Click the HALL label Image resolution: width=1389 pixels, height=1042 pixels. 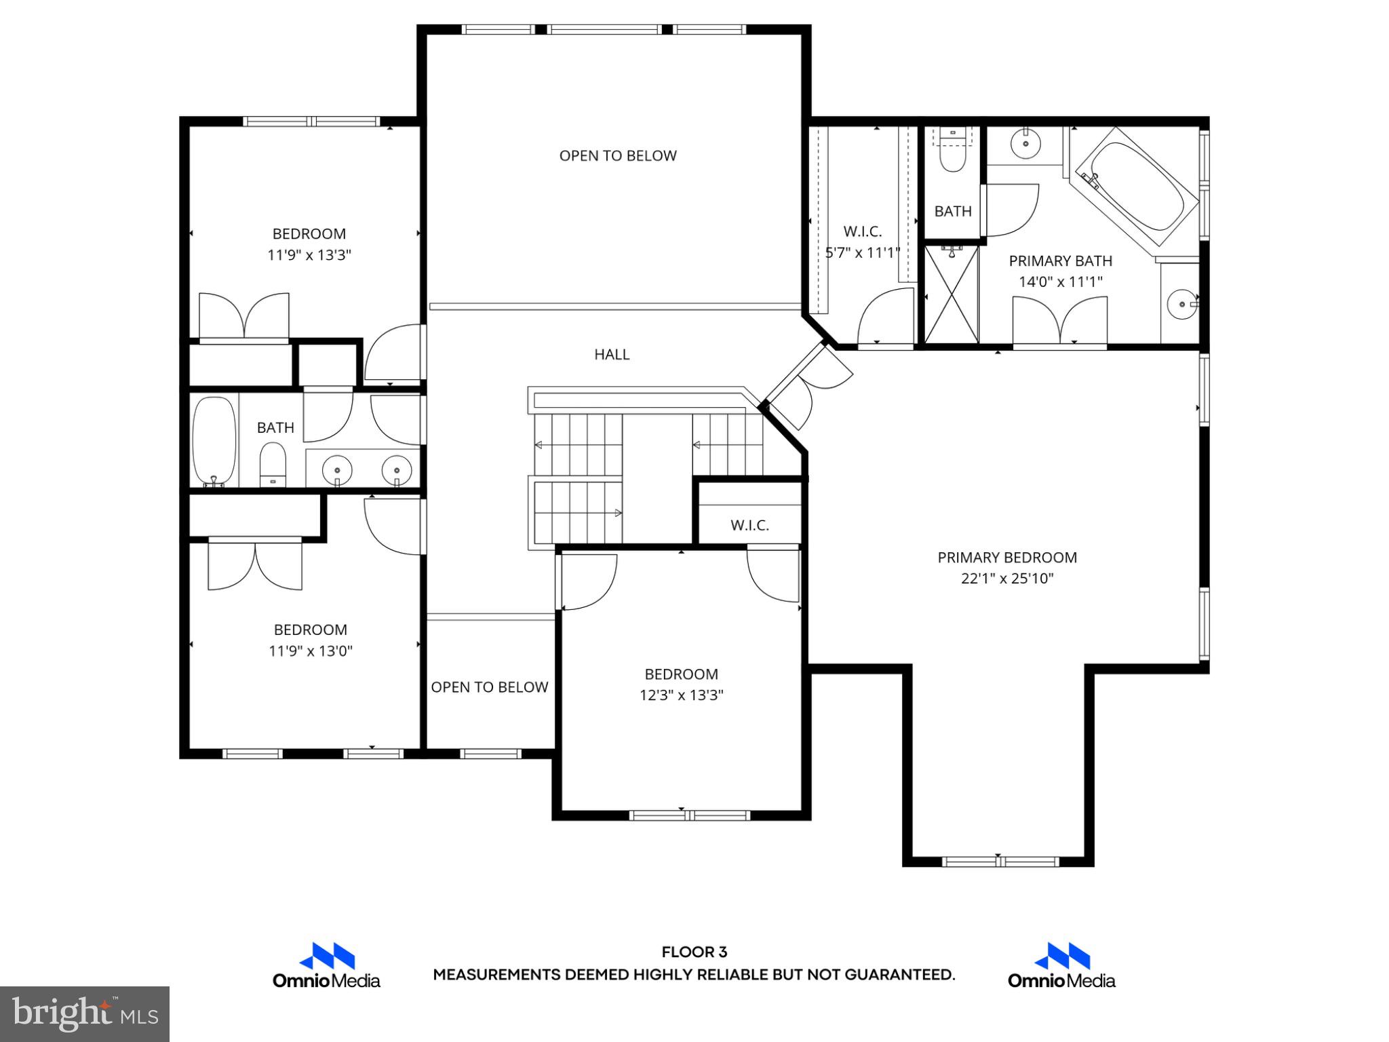coord(612,354)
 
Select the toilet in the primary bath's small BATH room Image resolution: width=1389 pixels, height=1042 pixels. coord(952,158)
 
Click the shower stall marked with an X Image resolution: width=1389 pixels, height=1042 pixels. coord(952,294)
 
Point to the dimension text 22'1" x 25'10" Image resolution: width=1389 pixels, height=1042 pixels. coord(1007,579)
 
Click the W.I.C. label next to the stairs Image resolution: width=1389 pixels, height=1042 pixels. coord(749,525)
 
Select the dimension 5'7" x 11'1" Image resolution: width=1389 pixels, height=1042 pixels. coord(862,253)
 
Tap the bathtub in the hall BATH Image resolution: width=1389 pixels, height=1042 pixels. coord(214,441)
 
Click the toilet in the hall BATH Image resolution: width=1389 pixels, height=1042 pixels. coord(273,463)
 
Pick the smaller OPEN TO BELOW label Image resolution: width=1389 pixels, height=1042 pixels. coord(489,687)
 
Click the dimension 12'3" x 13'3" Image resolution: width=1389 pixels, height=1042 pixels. coord(681,695)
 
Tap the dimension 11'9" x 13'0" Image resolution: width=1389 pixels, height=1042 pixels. coord(311,651)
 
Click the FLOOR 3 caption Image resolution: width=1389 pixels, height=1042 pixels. coord(694,952)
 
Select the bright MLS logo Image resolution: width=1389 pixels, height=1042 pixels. coord(85,1014)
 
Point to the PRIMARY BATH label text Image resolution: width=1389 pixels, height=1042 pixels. coord(1060,261)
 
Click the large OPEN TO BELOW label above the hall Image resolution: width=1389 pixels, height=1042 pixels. coord(617,156)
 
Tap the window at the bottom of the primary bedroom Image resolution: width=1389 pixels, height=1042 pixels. coord(1000,862)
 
